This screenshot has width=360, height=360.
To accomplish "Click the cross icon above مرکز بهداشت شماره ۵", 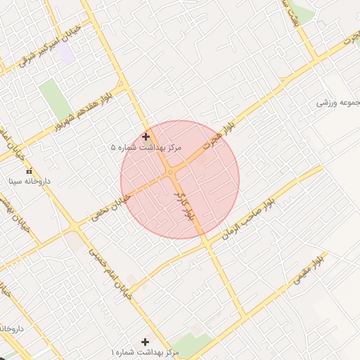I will pyautogui.click(x=146, y=136).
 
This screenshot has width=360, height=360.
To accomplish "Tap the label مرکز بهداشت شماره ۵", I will pyautogui.click(x=146, y=148).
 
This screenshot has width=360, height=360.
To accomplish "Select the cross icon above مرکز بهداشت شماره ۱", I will pyautogui.click(x=146, y=341).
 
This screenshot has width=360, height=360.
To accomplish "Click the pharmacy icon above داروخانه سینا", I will pyautogui.click(x=29, y=171).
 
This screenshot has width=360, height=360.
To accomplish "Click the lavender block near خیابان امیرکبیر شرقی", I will pyautogui.click(x=67, y=54).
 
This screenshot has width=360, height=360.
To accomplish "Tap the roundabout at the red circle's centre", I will pyautogui.click(x=171, y=172).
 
